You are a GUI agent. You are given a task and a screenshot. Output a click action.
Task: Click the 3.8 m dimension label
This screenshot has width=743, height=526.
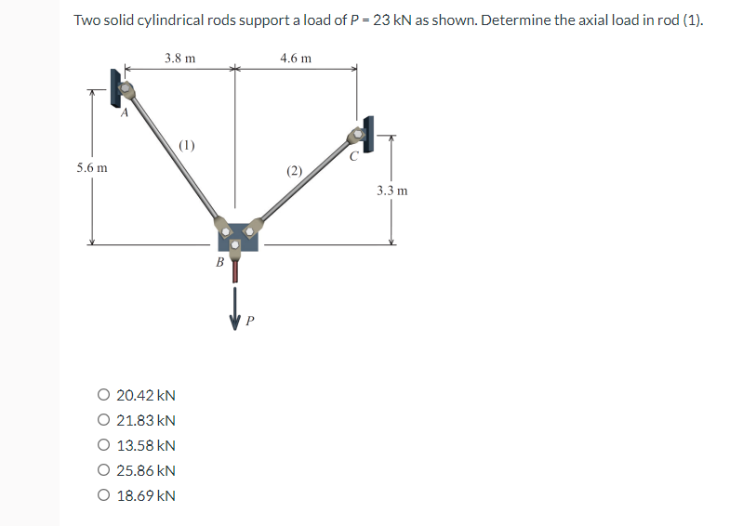point(179,58)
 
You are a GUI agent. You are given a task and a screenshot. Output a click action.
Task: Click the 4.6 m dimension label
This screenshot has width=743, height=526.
point(295,58)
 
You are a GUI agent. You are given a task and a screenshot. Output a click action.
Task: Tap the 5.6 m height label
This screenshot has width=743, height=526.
point(91,168)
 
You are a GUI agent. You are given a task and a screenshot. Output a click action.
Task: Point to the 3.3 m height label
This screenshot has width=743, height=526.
point(391,191)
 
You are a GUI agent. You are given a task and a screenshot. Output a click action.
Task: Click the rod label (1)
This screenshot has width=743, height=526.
point(187,145)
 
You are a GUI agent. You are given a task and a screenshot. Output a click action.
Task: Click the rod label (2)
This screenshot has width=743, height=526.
point(295,170)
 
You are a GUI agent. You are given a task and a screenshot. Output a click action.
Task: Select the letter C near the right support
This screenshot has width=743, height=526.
point(352,155)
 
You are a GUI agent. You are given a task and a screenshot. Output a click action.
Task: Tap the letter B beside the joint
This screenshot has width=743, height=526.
point(219,263)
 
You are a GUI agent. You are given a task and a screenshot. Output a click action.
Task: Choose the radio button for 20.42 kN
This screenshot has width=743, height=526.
point(103,395)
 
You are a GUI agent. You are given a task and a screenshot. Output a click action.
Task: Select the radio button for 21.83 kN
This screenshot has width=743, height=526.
point(103,420)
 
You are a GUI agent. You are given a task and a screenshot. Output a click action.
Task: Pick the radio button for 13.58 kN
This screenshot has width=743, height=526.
point(103,445)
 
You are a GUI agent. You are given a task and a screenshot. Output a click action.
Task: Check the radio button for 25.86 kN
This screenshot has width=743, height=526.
point(103,470)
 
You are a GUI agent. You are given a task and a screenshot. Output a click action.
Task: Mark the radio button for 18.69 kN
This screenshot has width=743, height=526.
point(103,495)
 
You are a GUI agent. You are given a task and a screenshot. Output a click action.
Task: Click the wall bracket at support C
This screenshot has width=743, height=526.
point(369,135)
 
